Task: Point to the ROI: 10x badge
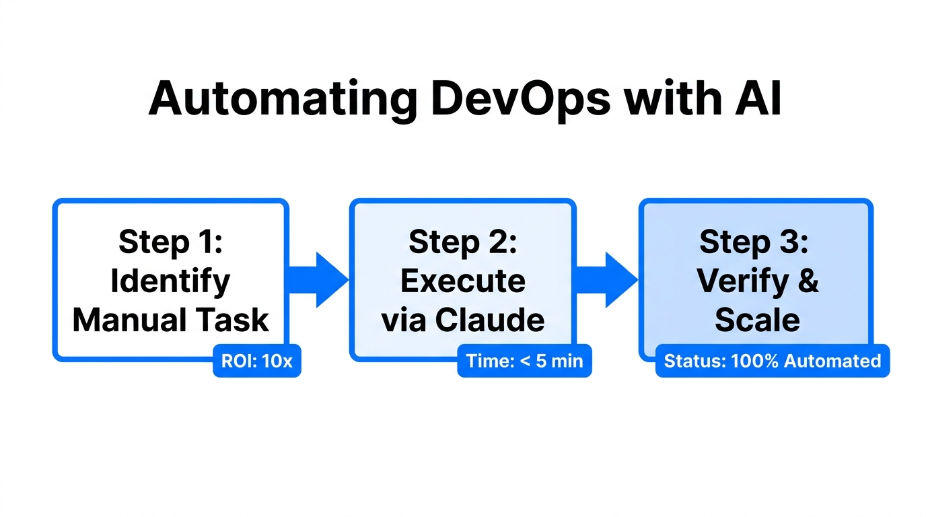[257, 361]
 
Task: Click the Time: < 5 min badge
[524, 361]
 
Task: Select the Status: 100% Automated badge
[772, 361]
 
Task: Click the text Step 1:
[170, 242]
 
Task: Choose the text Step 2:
[462, 242]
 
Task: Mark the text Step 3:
[754, 242]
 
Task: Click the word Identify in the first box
[170, 281]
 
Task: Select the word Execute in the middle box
[462, 281]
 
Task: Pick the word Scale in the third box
[757, 320]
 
